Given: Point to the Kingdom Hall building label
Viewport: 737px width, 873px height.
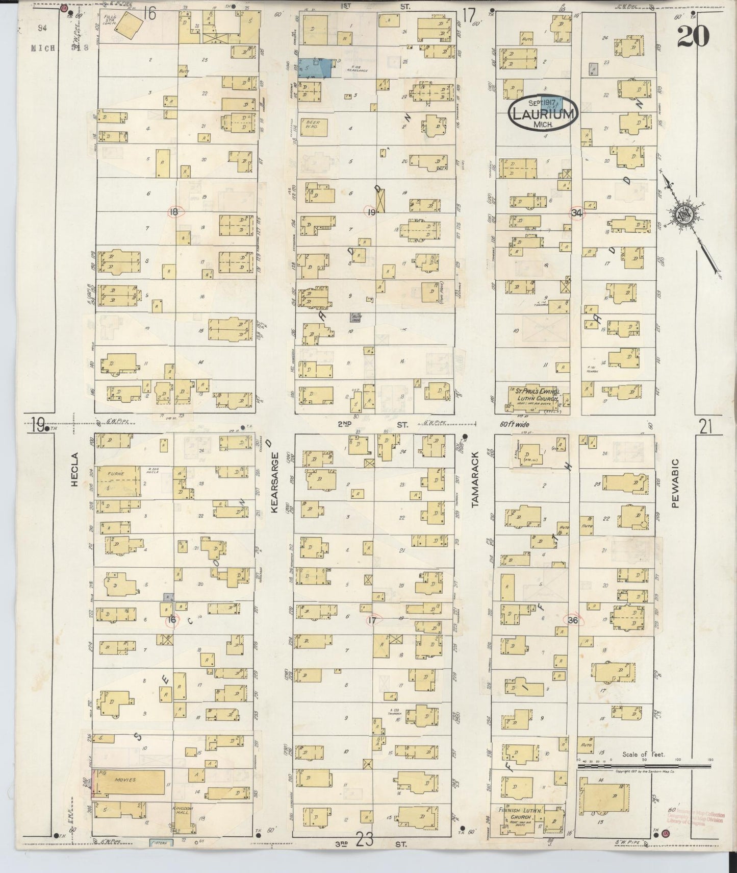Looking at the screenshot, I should tap(182, 812).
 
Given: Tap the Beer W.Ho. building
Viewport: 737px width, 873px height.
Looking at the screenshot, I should tap(313, 125).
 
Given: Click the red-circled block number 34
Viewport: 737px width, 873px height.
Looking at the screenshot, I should tap(577, 213).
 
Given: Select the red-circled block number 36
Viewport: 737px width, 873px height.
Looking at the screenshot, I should tap(573, 620).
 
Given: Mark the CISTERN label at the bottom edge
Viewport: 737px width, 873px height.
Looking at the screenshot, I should tap(162, 842).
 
